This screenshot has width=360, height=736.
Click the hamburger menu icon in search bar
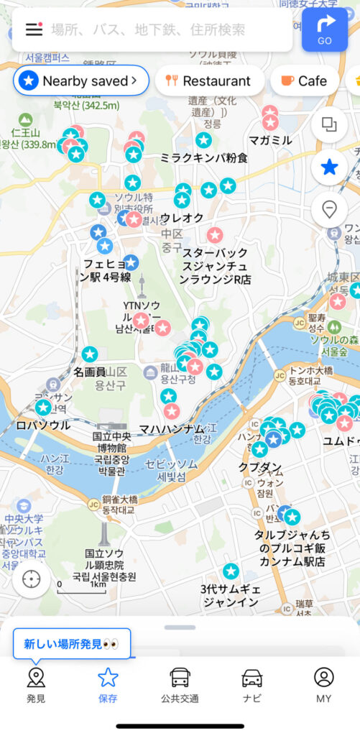tap(34, 29)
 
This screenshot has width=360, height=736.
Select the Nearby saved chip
tap(81, 80)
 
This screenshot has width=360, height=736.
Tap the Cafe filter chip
tap(304, 80)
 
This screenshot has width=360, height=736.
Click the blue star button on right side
tap(330, 167)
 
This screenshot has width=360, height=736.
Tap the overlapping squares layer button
tap(330, 124)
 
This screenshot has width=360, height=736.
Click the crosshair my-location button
tap(32, 579)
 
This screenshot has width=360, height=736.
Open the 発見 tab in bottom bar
tap(36, 684)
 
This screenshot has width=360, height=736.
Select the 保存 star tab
tap(108, 684)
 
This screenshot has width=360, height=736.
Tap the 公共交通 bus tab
tap(180, 684)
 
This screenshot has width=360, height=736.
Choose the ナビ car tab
tap(252, 684)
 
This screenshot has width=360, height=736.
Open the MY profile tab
tap(324, 684)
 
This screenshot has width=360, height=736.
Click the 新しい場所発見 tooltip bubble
tap(72, 644)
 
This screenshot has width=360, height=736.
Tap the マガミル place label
tap(269, 139)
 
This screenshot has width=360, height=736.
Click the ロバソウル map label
tap(43, 425)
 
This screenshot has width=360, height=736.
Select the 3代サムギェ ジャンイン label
tap(230, 596)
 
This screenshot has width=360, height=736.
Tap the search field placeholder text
tap(148, 29)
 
